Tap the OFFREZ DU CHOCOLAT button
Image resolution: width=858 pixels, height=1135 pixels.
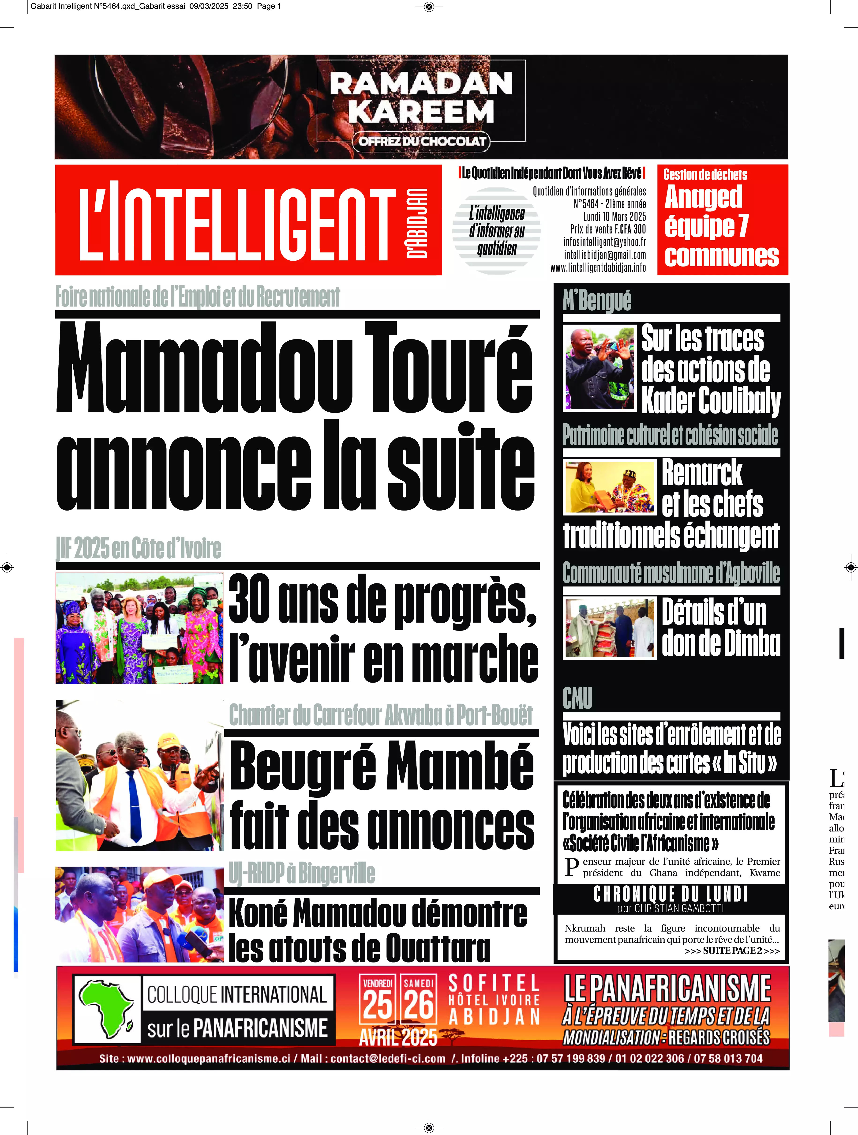coord(421,141)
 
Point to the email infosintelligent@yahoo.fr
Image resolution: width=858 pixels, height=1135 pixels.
coord(604,242)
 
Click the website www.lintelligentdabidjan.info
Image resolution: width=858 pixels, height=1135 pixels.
coord(598,267)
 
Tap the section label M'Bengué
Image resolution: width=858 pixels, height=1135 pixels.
coord(597,301)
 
